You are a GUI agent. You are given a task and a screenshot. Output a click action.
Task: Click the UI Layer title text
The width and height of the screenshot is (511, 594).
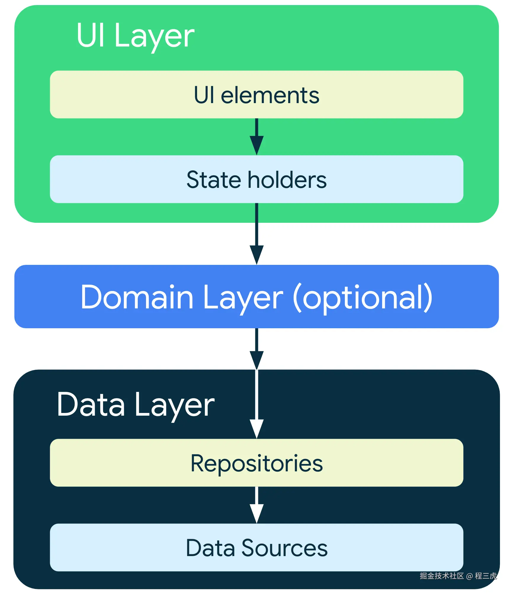point(135,36)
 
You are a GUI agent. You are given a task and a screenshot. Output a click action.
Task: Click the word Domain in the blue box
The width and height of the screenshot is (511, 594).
point(137,297)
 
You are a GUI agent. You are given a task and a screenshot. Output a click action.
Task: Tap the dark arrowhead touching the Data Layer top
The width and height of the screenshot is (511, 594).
point(257,360)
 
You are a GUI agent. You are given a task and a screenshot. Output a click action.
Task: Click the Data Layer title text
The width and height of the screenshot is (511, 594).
point(135,405)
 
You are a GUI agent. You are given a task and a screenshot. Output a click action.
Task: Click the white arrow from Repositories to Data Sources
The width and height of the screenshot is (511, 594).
point(257,505)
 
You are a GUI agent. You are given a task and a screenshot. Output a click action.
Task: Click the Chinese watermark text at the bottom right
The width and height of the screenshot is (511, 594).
point(458,576)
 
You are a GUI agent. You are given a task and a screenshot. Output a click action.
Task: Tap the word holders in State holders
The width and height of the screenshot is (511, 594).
point(287,180)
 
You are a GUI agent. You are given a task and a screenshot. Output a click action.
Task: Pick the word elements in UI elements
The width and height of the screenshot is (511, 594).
point(270,95)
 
